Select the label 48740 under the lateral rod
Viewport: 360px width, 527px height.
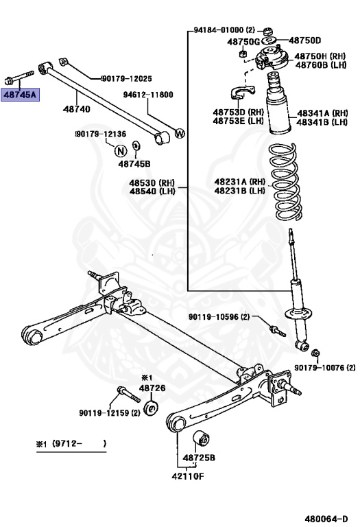[x=75, y=108]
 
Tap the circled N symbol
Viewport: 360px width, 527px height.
[x=120, y=151]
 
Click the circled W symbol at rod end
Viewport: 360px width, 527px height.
[x=180, y=134]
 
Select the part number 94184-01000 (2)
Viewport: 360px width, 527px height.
[x=224, y=30]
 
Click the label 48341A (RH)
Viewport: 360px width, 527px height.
[x=322, y=113]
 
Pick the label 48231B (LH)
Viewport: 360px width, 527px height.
[x=239, y=191]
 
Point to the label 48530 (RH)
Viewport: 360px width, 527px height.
[x=152, y=183]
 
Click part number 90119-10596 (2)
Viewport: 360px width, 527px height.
[x=219, y=316]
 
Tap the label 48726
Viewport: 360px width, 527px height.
[x=152, y=388]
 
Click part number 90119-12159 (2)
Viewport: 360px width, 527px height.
[x=109, y=412]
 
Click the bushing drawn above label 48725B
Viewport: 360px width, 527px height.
[x=203, y=436]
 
